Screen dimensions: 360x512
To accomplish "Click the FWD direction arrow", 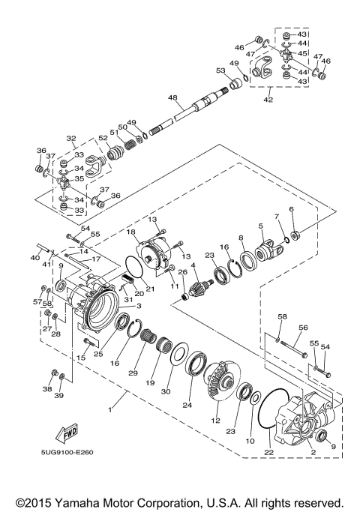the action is point(67,433).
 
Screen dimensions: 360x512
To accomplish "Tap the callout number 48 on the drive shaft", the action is point(172,97).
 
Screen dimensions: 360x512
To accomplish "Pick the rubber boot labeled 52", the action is point(116,153).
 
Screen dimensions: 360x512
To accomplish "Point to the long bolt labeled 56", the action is point(293,348).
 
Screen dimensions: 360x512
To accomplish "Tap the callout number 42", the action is point(268,100).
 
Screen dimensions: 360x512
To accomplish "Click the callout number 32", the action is point(71,139).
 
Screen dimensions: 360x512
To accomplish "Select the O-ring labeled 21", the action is point(135,268).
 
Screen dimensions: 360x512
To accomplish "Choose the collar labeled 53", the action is point(235,84).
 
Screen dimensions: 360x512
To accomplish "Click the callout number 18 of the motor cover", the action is point(131,232).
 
